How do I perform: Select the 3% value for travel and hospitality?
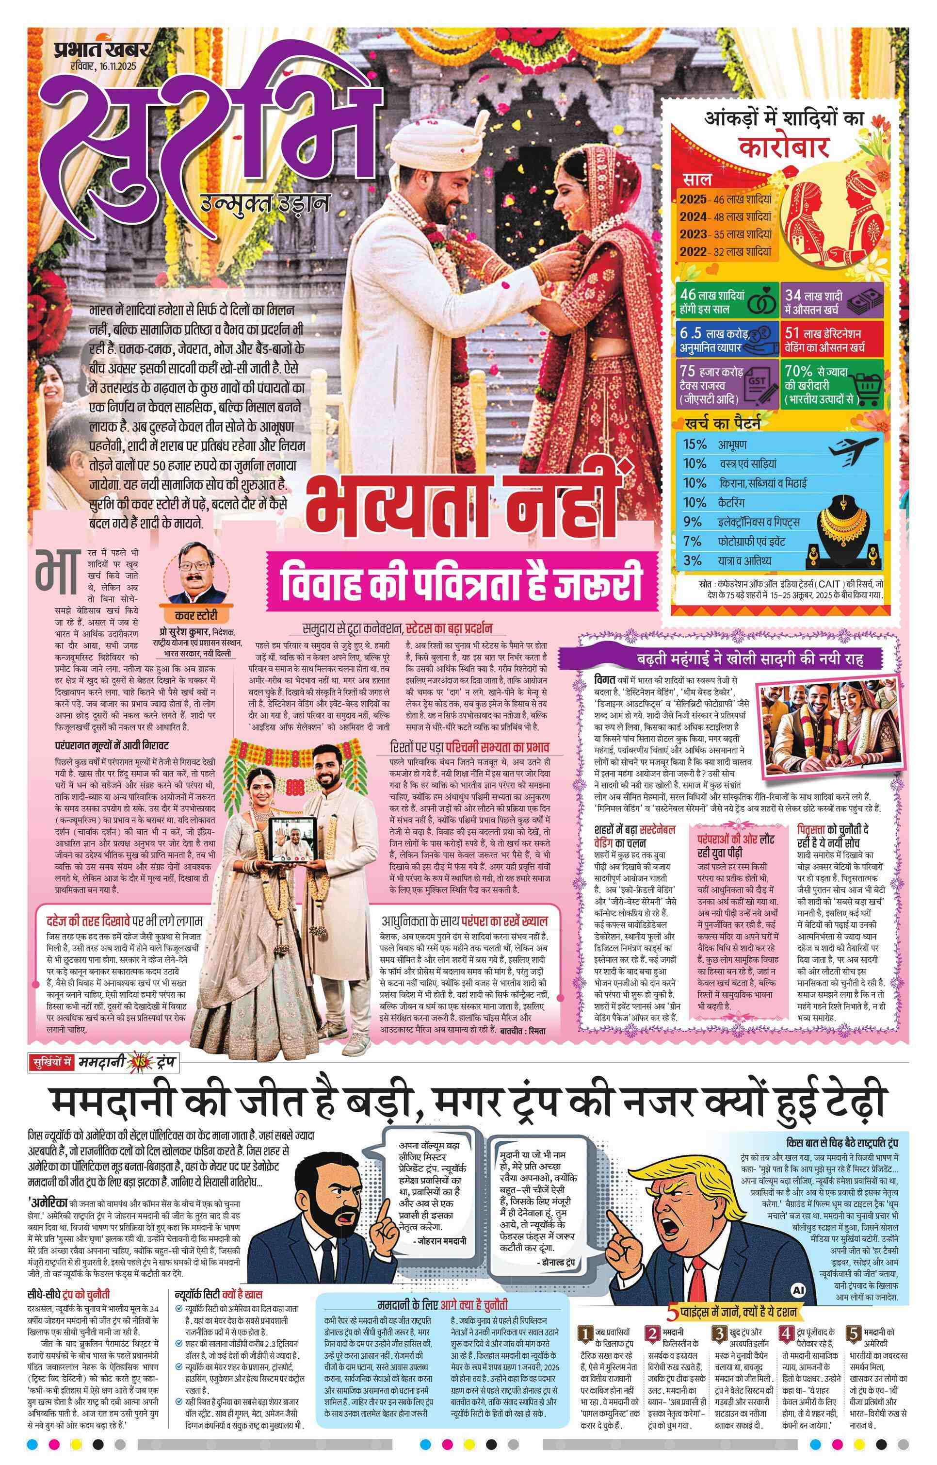point(693,560)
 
